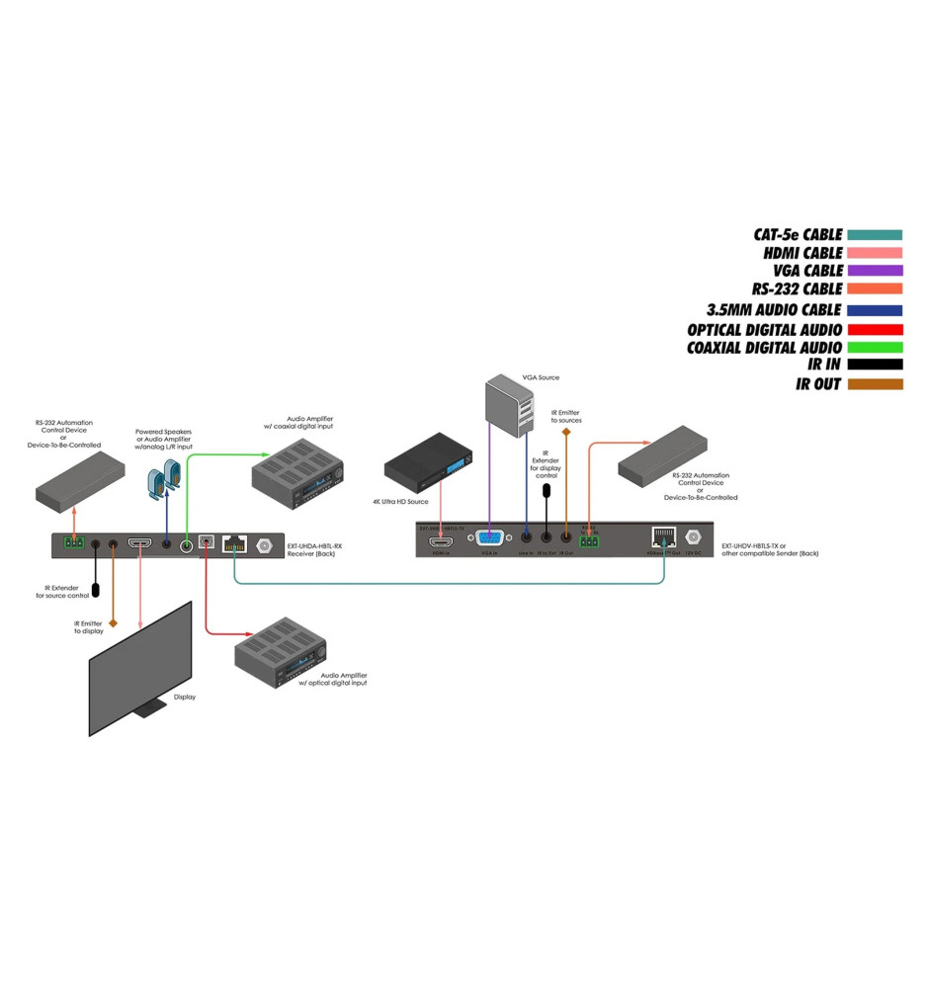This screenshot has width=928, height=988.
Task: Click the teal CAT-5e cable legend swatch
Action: pos(875,235)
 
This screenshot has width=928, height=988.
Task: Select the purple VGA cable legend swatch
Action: pos(875,271)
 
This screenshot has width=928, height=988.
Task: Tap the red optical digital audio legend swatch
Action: pos(875,330)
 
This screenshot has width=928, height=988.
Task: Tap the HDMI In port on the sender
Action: pos(440,541)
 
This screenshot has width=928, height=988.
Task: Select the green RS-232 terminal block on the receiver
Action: pos(73,543)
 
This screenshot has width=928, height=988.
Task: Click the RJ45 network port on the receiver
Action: pos(234,543)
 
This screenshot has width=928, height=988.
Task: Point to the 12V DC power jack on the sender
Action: pos(693,538)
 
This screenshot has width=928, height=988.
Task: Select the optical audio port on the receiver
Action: pos(207,541)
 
